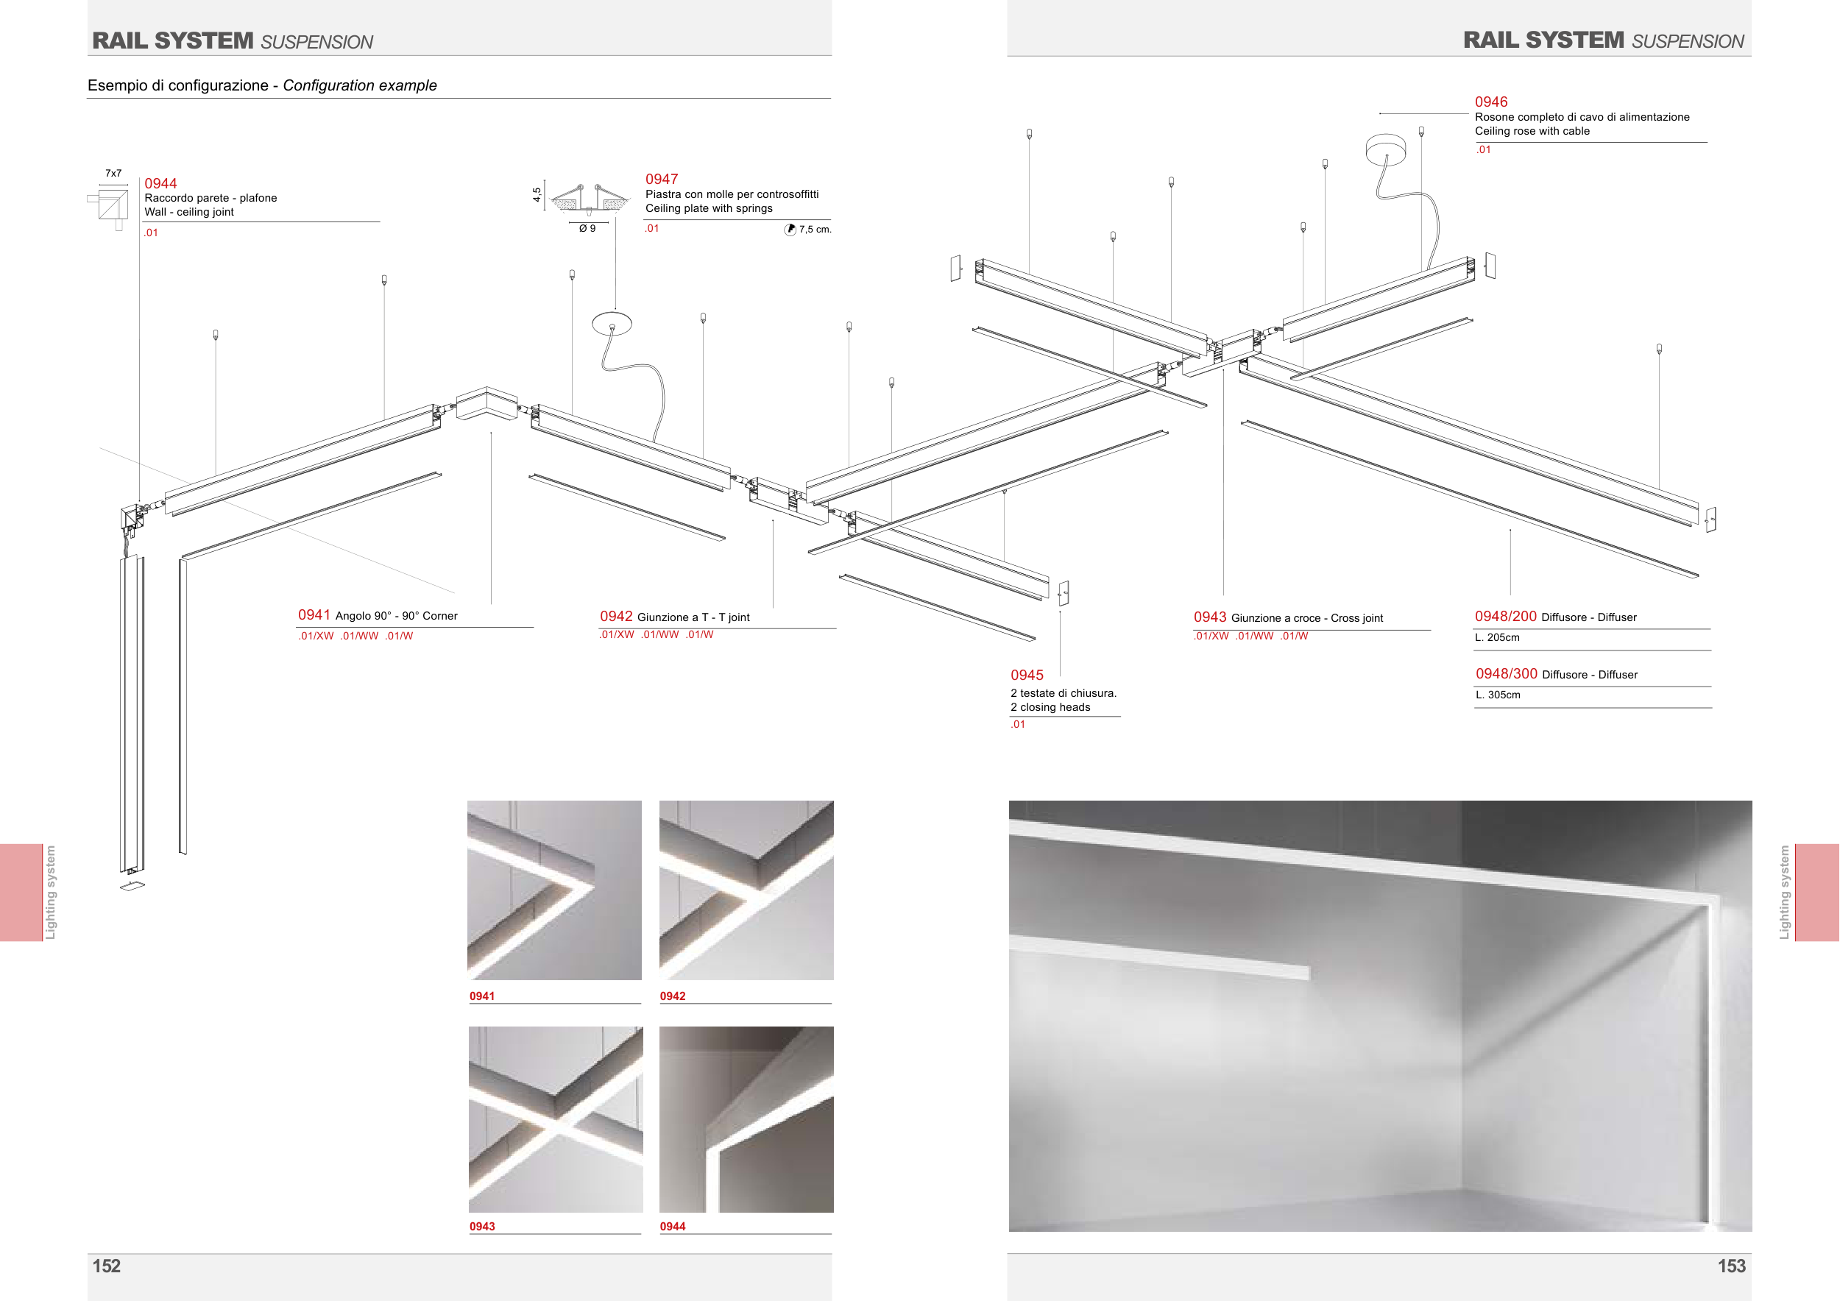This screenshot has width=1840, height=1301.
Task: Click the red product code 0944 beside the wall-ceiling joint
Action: pyautogui.click(x=160, y=183)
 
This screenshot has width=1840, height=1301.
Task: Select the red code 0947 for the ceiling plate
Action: pyautogui.click(x=661, y=180)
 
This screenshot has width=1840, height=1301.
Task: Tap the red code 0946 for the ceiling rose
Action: pyautogui.click(x=1490, y=102)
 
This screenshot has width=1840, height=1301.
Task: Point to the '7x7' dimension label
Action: pyautogui.click(x=114, y=173)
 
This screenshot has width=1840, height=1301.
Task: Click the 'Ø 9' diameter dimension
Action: pyautogui.click(x=587, y=228)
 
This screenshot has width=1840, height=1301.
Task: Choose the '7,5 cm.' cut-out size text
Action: pyautogui.click(x=815, y=229)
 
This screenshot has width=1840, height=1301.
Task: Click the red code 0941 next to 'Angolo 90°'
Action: pyautogui.click(x=314, y=614)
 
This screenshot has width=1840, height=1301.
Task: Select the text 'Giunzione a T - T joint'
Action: pyautogui.click(x=693, y=617)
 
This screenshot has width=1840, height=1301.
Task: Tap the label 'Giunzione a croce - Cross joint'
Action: pyautogui.click(x=1307, y=617)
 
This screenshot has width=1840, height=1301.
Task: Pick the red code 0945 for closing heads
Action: pyautogui.click(x=1027, y=676)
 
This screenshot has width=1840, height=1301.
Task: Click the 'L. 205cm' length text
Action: pyautogui.click(x=1497, y=638)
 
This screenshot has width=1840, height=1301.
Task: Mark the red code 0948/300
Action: pyautogui.click(x=1507, y=674)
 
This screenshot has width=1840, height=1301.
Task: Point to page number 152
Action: pyautogui.click(x=107, y=1266)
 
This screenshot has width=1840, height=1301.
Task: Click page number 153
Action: pyautogui.click(x=1731, y=1266)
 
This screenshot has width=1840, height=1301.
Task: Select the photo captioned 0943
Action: pyautogui.click(x=556, y=1119)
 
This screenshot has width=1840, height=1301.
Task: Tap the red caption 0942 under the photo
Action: pyautogui.click(x=673, y=996)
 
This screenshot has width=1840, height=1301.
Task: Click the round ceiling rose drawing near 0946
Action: pyautogui.click(x=1386, y=149)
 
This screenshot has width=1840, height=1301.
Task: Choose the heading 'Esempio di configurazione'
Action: pyautogui.click(x=178, y=85)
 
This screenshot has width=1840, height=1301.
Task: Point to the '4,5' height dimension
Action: pyautogui.click(x=536, y=195)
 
